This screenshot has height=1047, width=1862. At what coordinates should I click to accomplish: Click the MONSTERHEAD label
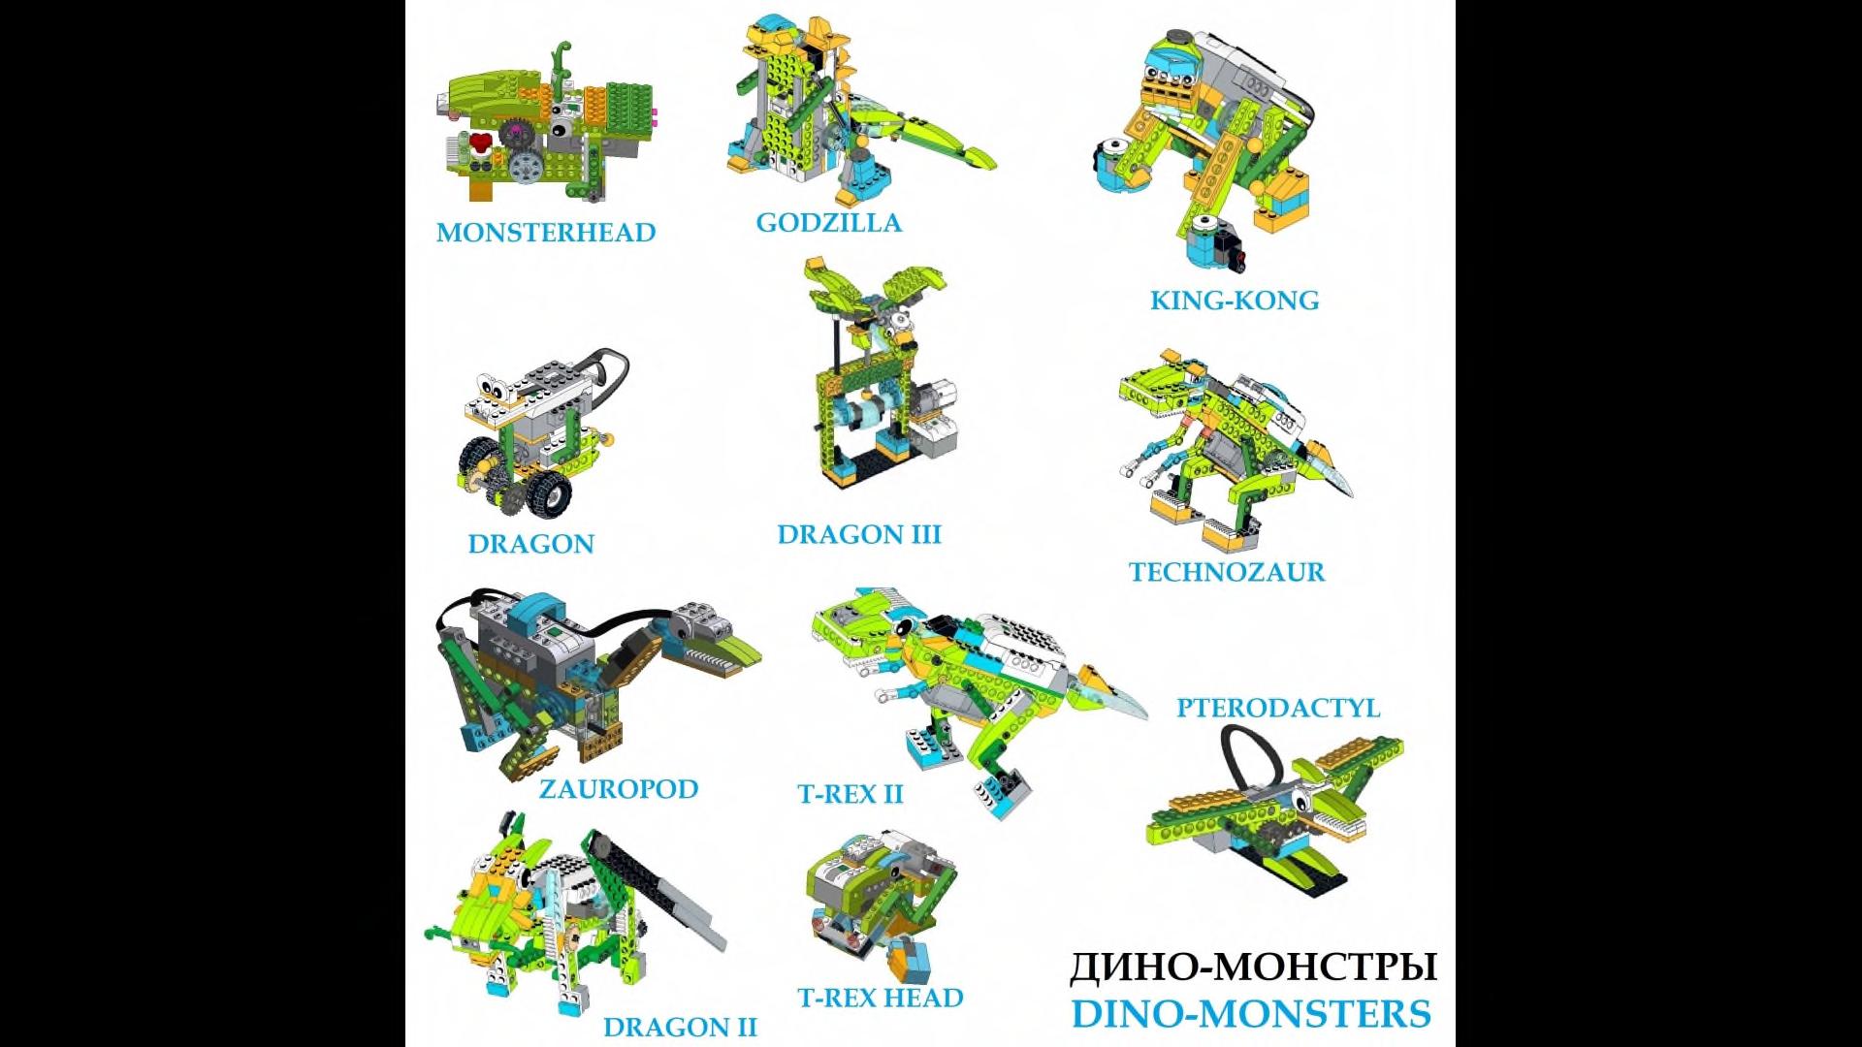coord(546,233)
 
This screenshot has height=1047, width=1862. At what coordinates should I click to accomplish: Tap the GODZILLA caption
coord(829,223)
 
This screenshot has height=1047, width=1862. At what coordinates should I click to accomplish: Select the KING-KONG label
coord(1235,301)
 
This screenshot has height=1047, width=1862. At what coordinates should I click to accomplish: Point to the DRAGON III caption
coord(859,535)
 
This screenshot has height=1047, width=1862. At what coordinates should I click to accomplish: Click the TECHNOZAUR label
coord(1227,572)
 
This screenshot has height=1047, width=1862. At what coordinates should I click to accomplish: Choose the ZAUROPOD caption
coord(619,789)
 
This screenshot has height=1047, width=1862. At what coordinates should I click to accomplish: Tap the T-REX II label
coord(851,795)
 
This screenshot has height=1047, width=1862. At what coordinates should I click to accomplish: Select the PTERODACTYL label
coord(1278,708)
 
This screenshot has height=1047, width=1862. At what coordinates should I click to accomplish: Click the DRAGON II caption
coord(680,1028)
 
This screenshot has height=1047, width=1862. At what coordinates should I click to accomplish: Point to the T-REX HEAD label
coord(881,999)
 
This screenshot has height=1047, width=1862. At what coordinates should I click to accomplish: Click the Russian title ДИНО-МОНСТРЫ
coord(1253,968)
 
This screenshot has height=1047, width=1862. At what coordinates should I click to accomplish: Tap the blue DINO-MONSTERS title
coord(1251,1014)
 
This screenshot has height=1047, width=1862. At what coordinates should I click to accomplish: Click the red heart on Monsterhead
coord(479,145)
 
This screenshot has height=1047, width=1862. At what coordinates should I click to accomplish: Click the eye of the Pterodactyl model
coord(1297,801)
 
